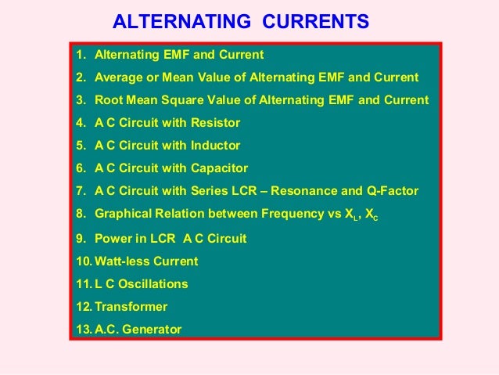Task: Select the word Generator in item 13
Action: [x=153, y=329]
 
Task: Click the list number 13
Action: [x=83, y=329]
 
